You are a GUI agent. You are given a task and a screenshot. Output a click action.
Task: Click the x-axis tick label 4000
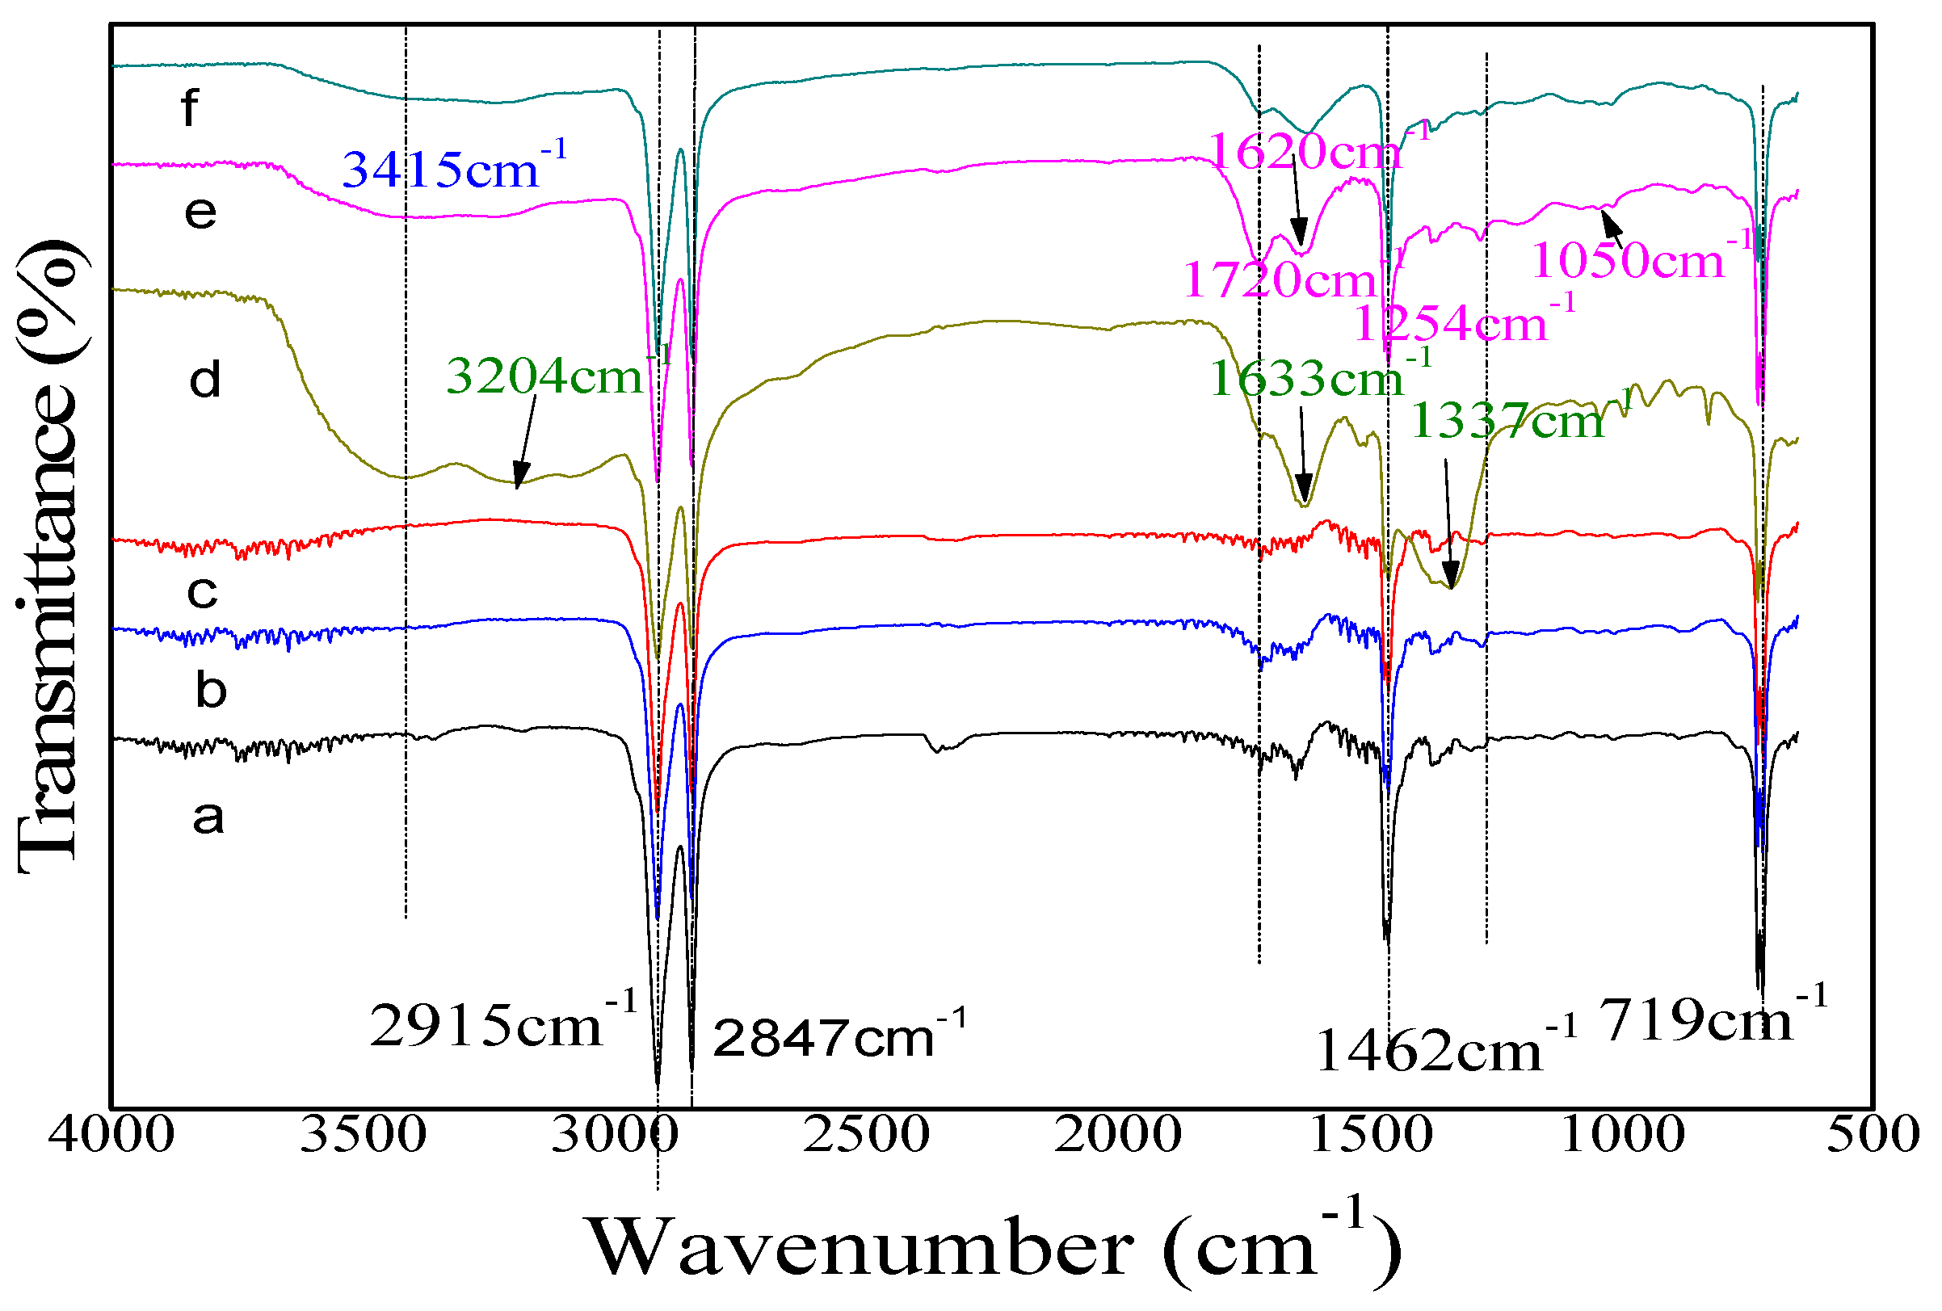tap(111, 1136)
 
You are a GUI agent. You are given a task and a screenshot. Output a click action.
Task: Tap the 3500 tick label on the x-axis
tap(363, 1136)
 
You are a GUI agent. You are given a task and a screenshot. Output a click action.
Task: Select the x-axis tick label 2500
tap(867, 1136)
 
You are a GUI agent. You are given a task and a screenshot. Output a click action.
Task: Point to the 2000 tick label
tap(1118, 1136)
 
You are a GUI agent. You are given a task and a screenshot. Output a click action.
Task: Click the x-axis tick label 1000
tap(1622, 1136)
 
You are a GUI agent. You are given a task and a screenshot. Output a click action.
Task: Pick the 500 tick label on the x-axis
tap(1873, 1136)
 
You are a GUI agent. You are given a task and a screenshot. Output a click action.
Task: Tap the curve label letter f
tap(191, 108)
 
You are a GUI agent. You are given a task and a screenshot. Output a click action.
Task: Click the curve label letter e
tap(200, 212)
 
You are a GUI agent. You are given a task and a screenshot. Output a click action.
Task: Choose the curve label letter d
tap(205, 380)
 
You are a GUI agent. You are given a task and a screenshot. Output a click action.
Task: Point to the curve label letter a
tap(208, 817)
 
